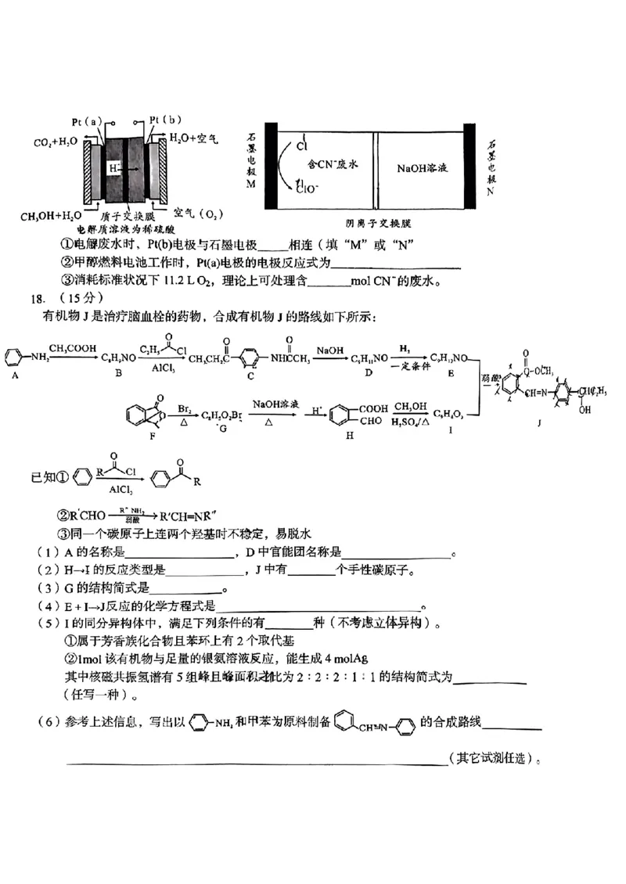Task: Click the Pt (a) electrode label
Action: coord(87,121)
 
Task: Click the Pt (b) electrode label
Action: coord(165,120)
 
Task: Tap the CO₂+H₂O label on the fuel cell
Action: coord(55,143)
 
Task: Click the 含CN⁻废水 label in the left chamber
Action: coord(332,164)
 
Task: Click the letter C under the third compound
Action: coord(250,376)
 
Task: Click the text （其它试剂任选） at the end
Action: coord(495,758)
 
